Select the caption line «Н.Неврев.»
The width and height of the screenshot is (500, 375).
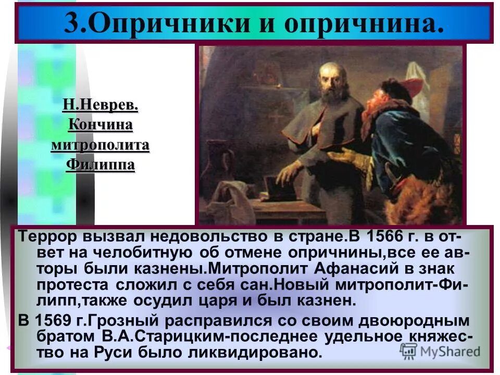tap(100, 105)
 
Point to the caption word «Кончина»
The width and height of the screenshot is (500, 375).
tap(100, 125)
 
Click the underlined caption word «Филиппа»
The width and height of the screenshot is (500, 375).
tap(100, 165)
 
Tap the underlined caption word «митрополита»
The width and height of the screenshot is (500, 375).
tap(100, 145)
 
